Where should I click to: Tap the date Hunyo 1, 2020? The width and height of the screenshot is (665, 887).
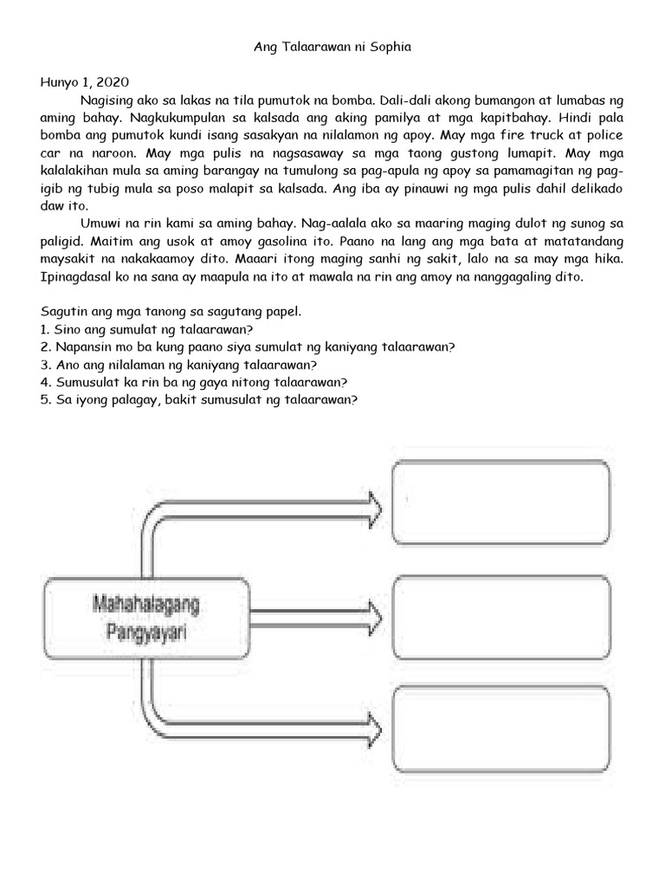coord(85,82)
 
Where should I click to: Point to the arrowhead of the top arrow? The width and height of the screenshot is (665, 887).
coord(374,503)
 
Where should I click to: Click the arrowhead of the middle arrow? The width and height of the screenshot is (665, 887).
coord(374,616)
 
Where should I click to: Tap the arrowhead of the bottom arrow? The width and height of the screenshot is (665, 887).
coord(374,727)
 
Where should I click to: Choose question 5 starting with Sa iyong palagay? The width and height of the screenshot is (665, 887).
coord(199,399)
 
